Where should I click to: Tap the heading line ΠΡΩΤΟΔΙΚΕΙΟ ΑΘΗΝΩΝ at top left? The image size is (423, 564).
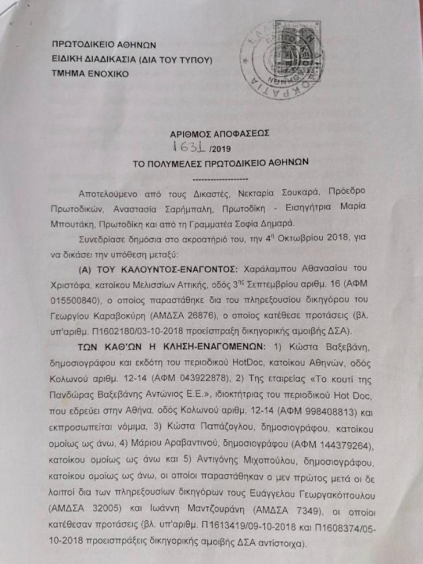(104, 44)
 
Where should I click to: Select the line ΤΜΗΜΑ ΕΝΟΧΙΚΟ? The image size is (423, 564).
(90, 74)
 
